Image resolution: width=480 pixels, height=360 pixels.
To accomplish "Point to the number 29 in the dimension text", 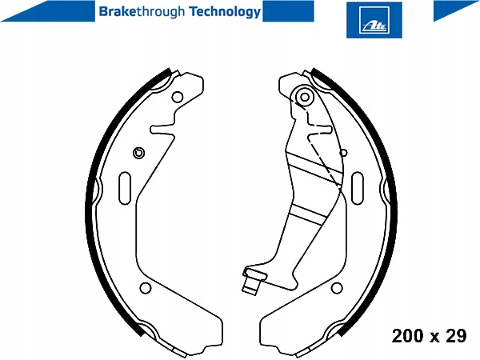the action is [x=455, y=336].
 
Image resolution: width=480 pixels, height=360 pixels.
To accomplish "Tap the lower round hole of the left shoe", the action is [x=145, y=289].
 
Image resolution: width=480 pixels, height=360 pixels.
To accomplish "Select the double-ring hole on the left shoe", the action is [x=138, y=153].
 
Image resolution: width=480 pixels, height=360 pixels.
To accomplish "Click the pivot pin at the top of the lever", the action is [x=303, y=98].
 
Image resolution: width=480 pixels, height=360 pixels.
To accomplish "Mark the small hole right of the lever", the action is [x=343, y=152].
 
